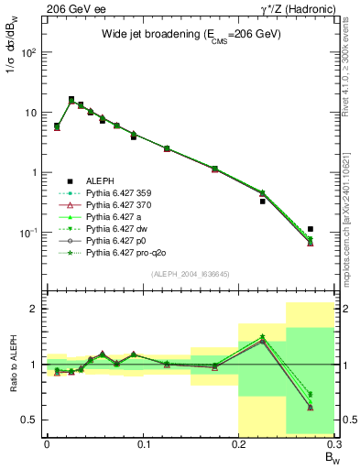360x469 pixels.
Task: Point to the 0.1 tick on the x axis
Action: tap(143, 437)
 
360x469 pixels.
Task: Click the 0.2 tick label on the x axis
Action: tap(239, 446)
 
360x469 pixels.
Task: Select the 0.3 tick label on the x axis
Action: tap(333, 446)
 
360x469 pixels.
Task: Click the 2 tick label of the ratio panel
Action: tap(34, 309)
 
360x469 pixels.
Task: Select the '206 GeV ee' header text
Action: tap(70, 8)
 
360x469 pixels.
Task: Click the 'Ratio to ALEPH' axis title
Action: tap(12, 365)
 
